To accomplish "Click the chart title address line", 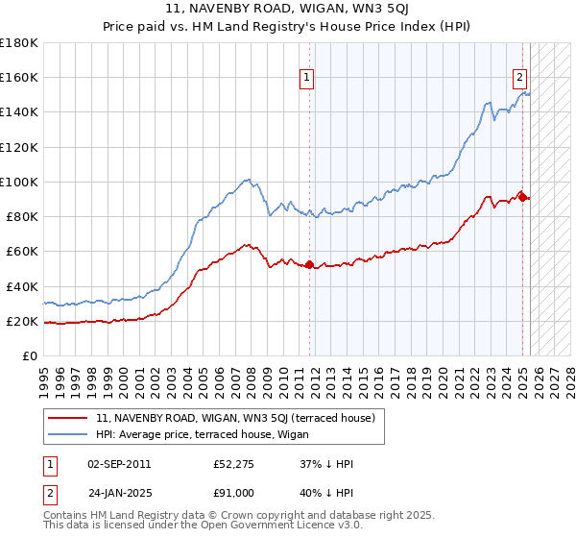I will tap(288, 11).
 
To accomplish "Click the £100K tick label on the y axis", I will tap(19, 182).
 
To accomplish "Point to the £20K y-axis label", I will tap(22, 322).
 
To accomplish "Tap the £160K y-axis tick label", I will tap(19, 77).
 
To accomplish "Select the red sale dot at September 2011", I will tap(309, 264).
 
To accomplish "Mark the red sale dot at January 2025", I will tap(521, 196).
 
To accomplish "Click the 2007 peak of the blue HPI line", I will tap(248, 179).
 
